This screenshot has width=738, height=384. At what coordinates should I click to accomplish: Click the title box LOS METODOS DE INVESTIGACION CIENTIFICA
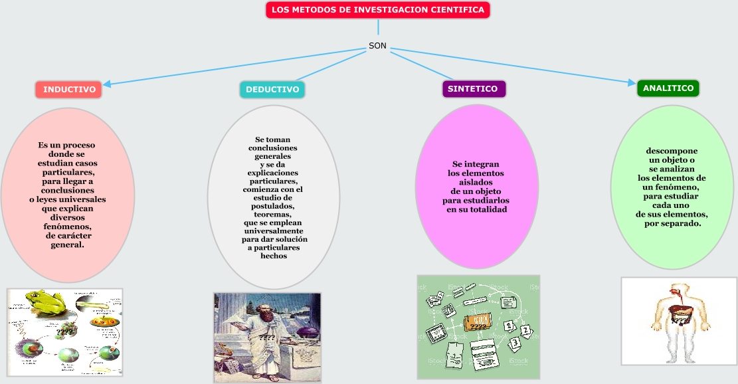[x=378, y=10]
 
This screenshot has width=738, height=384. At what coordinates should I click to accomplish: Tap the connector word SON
[x=377, y=47]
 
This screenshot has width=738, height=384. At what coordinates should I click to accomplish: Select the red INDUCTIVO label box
[x=69, y=89]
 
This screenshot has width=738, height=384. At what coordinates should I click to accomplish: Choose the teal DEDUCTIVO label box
[x=272, y=89]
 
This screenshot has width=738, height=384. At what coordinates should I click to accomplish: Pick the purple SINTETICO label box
[x=473, y=88]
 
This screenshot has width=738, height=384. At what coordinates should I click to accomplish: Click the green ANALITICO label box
[x=668, y=88]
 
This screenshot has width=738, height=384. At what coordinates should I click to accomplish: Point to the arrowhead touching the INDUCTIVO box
[x=106, y=84]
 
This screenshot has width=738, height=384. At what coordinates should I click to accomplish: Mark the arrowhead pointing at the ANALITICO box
[x=632, y=83]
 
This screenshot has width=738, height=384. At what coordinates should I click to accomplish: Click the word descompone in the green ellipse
[x=672, y=151]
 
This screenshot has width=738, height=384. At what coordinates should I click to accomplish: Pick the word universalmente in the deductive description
[x=274, y=231]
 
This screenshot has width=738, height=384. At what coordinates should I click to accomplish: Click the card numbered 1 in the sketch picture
[x=509, y=326]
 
